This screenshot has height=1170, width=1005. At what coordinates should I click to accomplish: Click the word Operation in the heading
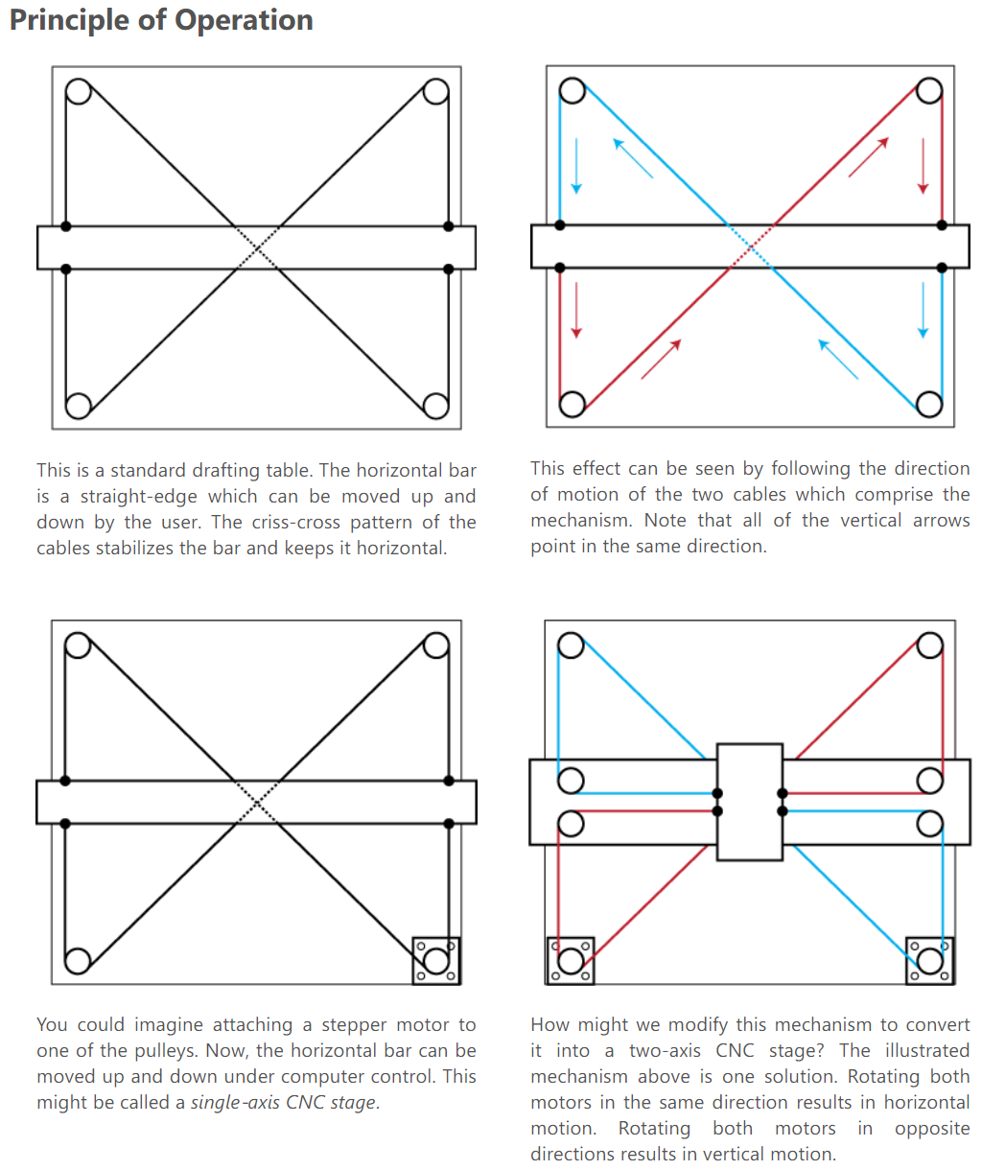pyautogui.click(x=249, y=20)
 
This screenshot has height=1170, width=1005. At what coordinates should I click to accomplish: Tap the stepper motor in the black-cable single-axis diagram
pyautogui.click(x=436, y=960)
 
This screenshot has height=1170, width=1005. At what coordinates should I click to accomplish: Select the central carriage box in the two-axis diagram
pyautogui.click(x=750, y=802)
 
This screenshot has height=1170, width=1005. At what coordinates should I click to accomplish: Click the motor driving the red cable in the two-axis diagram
pyautogui.click(x=571, y=960)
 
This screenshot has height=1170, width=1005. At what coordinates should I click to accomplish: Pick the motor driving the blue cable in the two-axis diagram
pyautogui.click(x=929, y=960)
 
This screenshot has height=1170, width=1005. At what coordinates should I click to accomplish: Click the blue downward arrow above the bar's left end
pyautogui.click(x=575, y=166)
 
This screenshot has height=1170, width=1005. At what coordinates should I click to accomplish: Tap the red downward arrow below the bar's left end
pyautogui.click(x=575, y=309)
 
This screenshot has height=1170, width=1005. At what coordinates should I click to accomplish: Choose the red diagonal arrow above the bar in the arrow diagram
pyautogui.click(x=868, y=157)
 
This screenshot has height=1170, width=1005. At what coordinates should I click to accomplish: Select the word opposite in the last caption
pyautogui.click(x=932, y=1129)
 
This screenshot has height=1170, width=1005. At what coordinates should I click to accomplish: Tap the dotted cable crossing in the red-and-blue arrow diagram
pyautogui.click(x=750, y=247)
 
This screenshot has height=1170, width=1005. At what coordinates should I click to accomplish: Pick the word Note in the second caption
pyautogui.click(x=666, y=521)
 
